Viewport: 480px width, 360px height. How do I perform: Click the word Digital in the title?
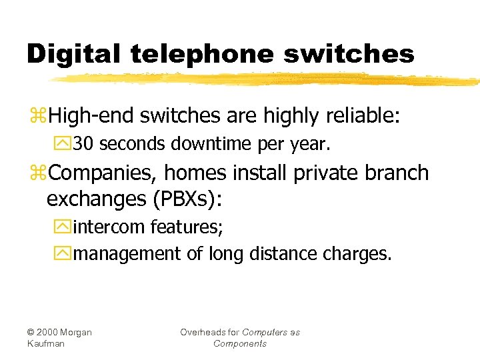[69, 54]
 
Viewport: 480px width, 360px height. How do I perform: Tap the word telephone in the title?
[193, 54]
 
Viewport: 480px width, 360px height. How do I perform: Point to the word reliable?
[363, 116]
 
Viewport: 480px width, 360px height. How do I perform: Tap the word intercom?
[109, 227]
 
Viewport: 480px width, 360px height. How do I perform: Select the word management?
[127, 254]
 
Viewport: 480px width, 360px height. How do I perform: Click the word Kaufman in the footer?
[46, 343]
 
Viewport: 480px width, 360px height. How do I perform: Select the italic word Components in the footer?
[240, 343]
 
